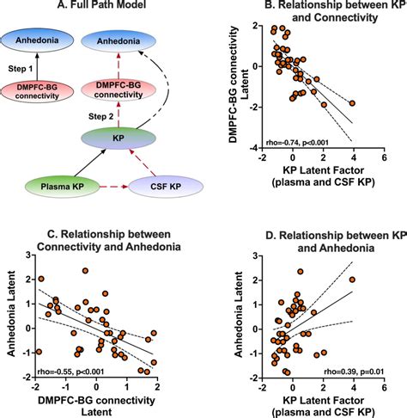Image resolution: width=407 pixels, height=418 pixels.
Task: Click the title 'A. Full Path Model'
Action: pyautogui.click(x=100, y=9)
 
